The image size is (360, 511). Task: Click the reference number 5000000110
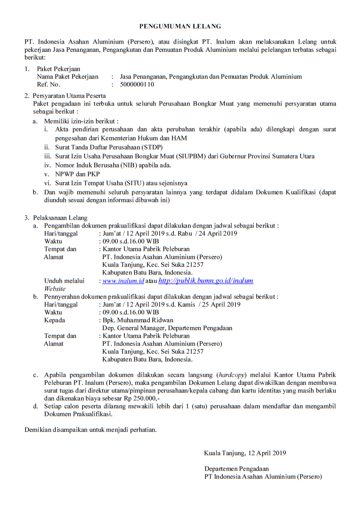(137, 84)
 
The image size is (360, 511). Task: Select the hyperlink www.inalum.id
(123, 281)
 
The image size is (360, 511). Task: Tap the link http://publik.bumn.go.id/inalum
(205, 281)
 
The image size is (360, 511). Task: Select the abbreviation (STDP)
(136, 147)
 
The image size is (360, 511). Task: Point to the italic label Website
(55, 289)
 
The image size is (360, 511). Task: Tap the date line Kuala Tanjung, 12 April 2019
(245, 452)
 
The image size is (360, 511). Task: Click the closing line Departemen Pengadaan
(236, 469)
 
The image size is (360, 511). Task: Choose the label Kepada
(54, 320)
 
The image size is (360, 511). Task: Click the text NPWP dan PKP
(74, 174)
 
